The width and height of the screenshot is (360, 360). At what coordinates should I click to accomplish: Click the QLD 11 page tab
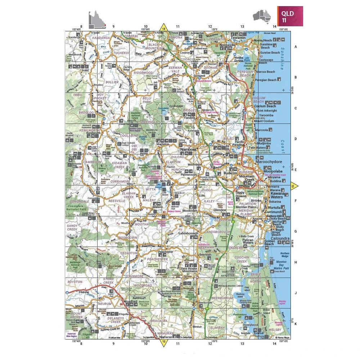290,16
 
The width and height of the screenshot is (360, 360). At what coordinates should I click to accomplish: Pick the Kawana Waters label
277,195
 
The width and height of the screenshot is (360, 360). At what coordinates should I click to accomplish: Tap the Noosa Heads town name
263,40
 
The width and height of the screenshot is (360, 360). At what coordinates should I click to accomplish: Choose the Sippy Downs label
240,195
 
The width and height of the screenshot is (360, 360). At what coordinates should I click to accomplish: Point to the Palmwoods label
188,174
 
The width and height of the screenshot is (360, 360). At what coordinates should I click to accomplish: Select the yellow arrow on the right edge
294,186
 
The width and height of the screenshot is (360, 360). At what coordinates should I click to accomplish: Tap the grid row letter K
296,324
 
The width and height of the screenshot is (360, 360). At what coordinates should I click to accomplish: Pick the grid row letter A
296,47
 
